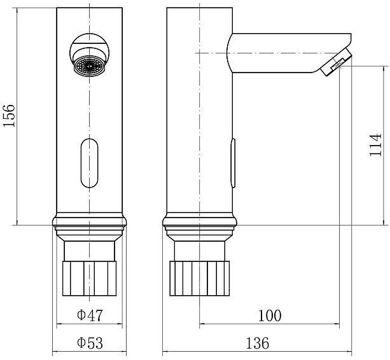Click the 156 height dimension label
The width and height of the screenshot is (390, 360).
9,116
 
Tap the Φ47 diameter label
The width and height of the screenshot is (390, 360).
90,315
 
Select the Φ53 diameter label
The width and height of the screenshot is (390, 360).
90,343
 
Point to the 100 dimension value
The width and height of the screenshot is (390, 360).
270,315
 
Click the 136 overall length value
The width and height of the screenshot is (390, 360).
258,343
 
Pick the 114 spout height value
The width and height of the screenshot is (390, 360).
375,145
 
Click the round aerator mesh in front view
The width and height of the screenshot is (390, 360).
89,66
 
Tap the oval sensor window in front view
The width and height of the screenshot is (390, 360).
90,163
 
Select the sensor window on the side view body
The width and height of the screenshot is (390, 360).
233,163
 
